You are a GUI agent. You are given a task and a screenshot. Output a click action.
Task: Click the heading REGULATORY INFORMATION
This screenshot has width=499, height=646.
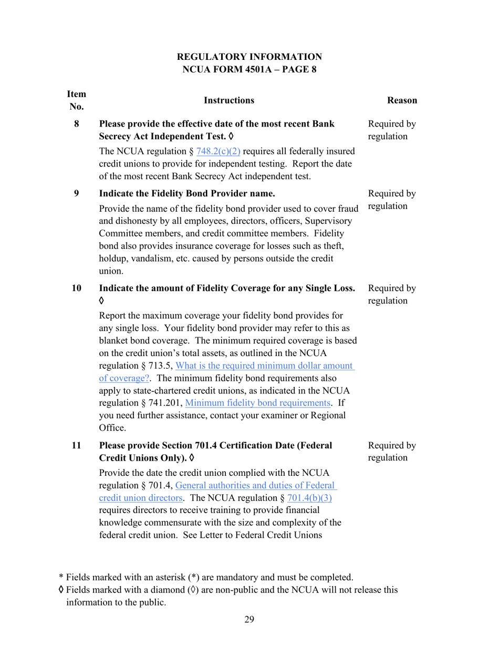tap(249, 57)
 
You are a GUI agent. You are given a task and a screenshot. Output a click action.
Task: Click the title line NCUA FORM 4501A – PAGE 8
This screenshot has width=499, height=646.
tap(249, 69)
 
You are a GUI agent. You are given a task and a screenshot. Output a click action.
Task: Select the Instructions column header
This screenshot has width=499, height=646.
tap(228, 100)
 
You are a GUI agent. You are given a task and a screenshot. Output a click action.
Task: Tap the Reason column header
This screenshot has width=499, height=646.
tap(402, 100)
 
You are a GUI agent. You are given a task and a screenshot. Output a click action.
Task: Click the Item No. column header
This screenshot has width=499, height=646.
tap(76, 100)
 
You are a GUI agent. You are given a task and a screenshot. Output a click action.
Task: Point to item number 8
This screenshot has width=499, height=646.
tap(77, 124)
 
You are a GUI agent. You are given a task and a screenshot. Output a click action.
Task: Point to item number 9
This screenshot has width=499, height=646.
tap(77, 193)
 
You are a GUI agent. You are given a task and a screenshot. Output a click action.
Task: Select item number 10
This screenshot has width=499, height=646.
tap(77, 288)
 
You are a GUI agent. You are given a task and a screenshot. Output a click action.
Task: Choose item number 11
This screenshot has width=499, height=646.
tap(77, 446)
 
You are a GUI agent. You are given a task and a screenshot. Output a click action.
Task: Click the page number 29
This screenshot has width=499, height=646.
tap(249, 620)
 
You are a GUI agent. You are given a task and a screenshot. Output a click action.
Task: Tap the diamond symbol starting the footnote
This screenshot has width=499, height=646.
tap(61, 590)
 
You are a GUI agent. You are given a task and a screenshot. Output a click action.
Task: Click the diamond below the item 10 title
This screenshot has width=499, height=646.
tap(102, 301)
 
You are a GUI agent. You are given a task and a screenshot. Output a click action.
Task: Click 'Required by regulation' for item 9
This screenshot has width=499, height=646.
tap(392, 200)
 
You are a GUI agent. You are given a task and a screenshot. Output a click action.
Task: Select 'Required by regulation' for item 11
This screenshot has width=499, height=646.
tap(392, 452)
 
